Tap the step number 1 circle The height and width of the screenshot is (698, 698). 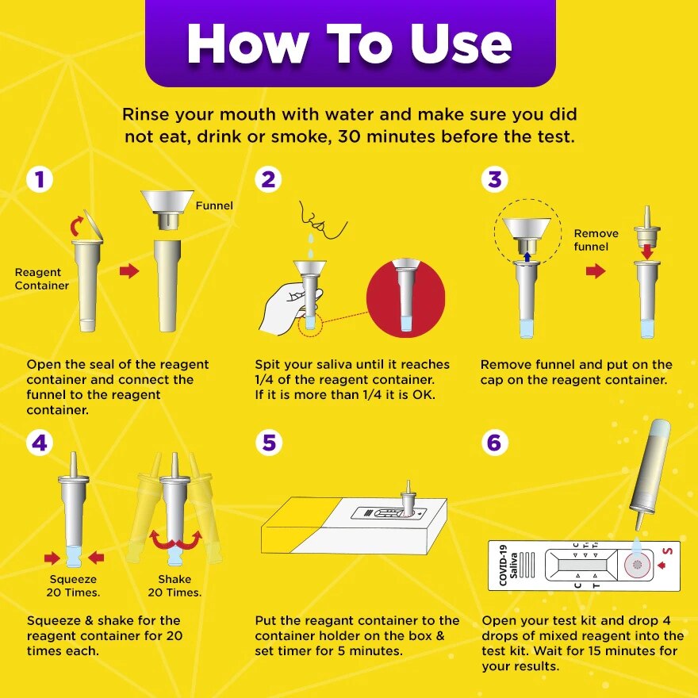40,179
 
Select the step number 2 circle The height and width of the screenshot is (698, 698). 268,179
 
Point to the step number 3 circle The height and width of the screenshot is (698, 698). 495,179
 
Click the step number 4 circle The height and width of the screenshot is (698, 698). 40,442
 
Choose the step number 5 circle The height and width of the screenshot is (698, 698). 268,442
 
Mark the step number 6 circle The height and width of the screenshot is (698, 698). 495,442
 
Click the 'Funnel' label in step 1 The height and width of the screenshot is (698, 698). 214,205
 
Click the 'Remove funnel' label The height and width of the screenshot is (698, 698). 596,240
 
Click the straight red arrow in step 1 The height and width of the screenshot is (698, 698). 128,271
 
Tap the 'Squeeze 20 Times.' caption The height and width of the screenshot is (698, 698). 73,585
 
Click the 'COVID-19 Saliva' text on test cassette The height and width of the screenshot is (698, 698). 508,565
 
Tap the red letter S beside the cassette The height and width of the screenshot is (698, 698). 667,550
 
